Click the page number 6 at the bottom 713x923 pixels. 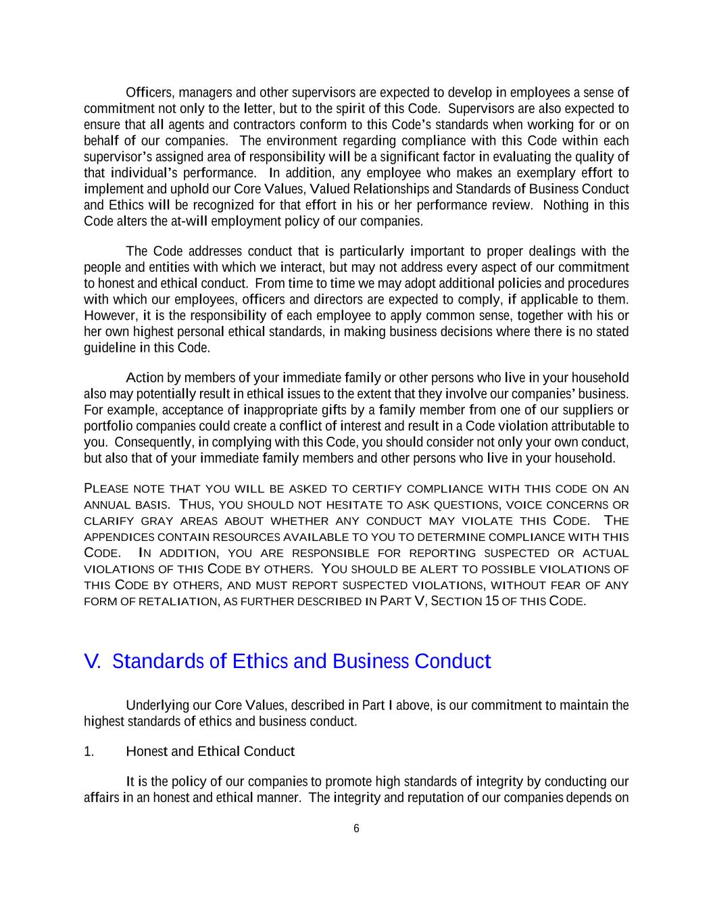[x=356, y=829]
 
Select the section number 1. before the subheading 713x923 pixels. [x=89, y=752]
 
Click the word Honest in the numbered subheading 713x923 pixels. [x=146, y=752]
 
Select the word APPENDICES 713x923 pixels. [x=118, y=538]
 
